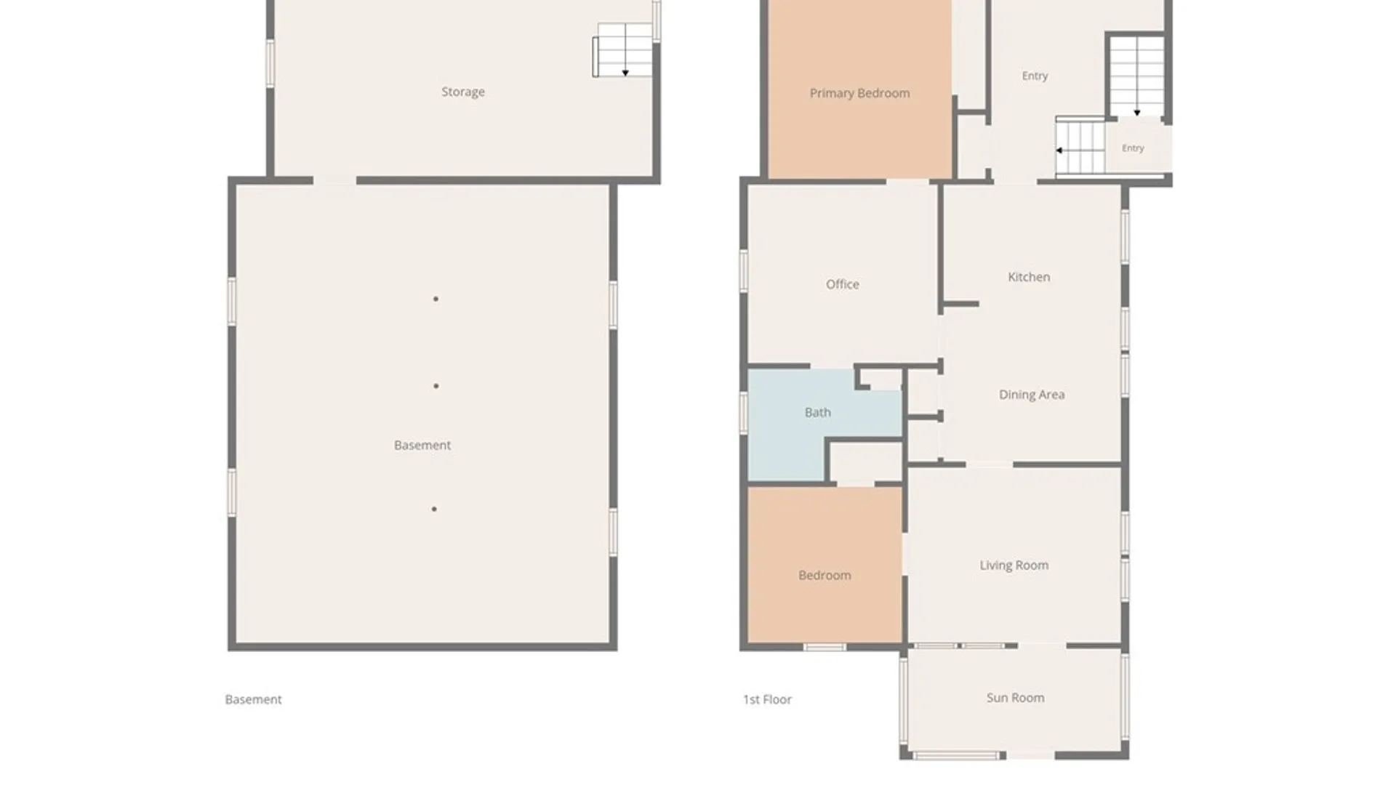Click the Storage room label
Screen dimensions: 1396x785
coord(463,92)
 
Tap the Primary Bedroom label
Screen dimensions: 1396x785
coord(859,93)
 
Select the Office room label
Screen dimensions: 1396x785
coord(842,284)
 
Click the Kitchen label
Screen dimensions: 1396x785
coord(1029,277)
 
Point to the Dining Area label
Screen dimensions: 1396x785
coord(1032,395)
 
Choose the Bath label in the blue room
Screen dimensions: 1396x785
coord(817,412)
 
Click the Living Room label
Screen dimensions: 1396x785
coord(1014,565)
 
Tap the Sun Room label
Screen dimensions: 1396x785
coord(1015,698)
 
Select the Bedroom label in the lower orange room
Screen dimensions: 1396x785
coord(825,575)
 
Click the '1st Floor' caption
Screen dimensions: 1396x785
coord(767,699)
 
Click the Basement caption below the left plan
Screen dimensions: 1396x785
coord(253,699)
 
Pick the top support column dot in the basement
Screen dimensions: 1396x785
coord(436,299)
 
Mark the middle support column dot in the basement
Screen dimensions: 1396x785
coord(436,386)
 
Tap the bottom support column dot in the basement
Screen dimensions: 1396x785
coord(434,509)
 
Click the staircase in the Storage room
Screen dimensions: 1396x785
coord(622,50)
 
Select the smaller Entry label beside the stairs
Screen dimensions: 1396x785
coord(1133,148)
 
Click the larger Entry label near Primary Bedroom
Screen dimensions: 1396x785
coord(1035,76)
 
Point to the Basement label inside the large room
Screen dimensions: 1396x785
coord(422,445)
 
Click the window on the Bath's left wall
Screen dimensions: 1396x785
coord(744,413)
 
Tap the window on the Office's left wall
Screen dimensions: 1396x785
coord(744,271)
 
